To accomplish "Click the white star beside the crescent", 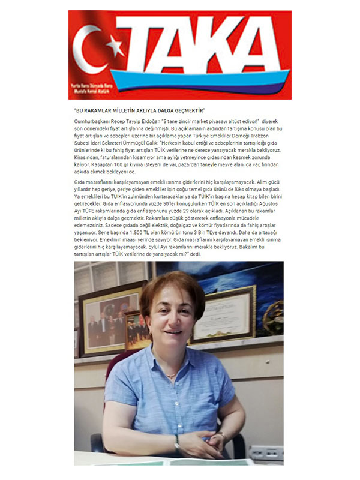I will (x=115, y=47).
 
